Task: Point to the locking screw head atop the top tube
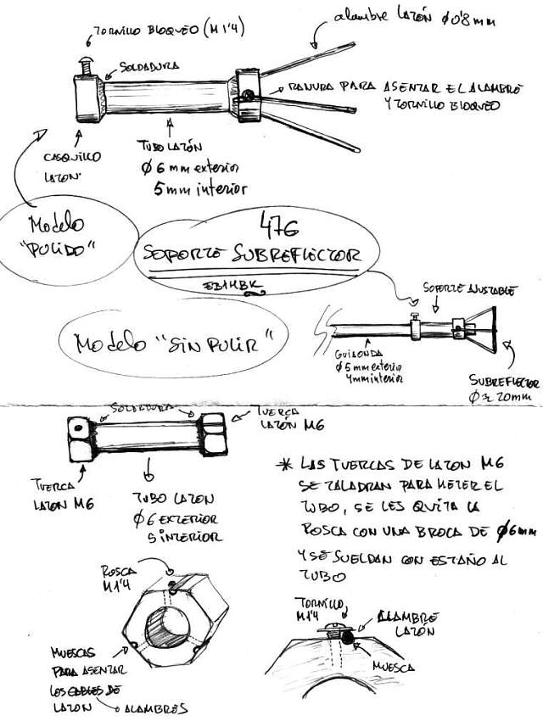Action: pyautogui.click(x=85, y=61)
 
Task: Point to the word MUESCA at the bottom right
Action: pyautogui.click(x=395, y=668)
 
